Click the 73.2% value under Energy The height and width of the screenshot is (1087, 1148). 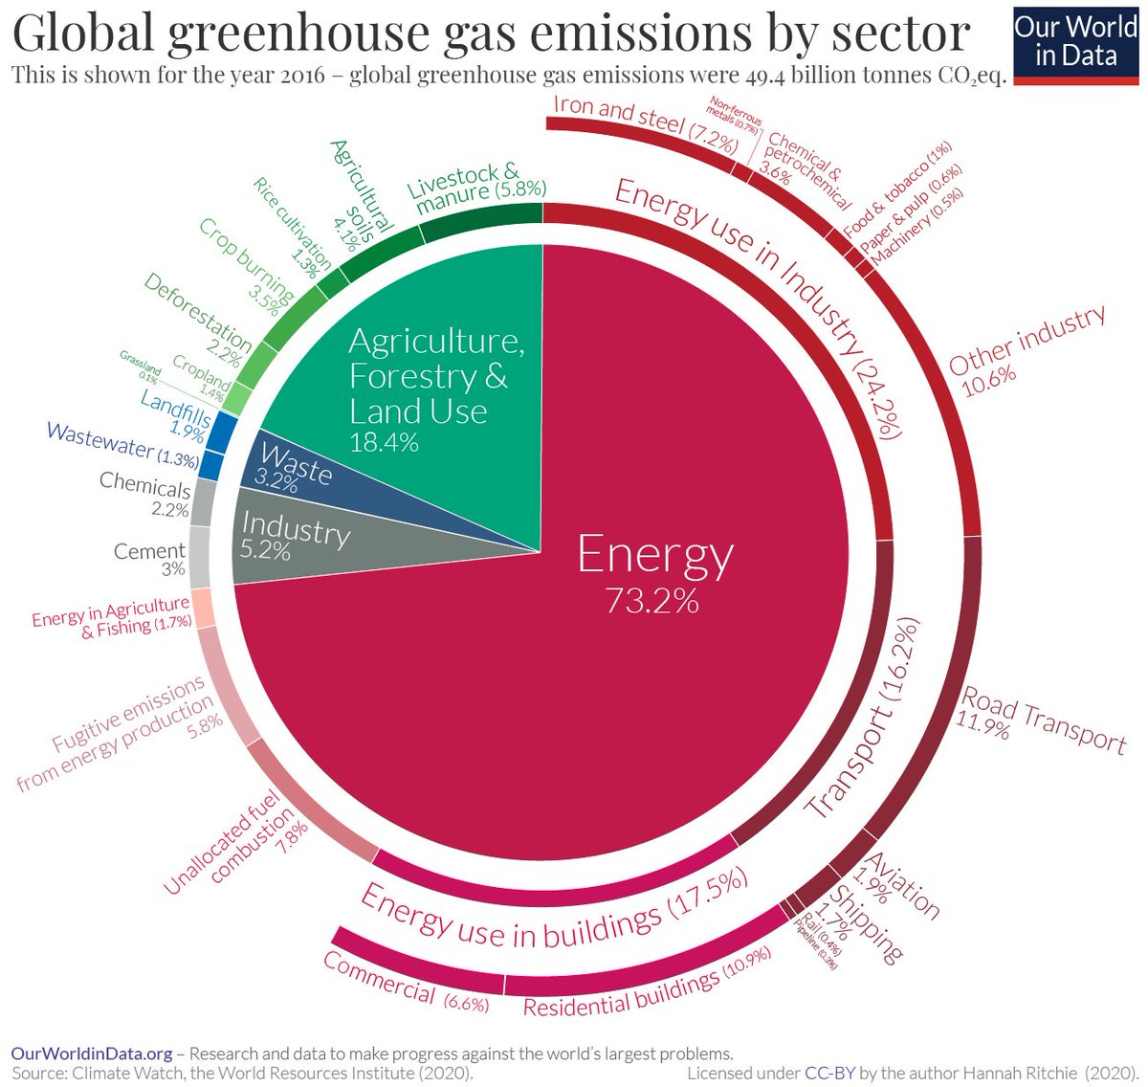coord(651,600)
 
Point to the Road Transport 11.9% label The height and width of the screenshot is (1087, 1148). coord(1038,722)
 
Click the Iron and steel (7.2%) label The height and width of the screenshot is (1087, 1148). coord(645,124)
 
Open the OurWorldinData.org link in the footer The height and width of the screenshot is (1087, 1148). coord(92,1053)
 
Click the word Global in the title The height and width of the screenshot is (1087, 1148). coord(83,33)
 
